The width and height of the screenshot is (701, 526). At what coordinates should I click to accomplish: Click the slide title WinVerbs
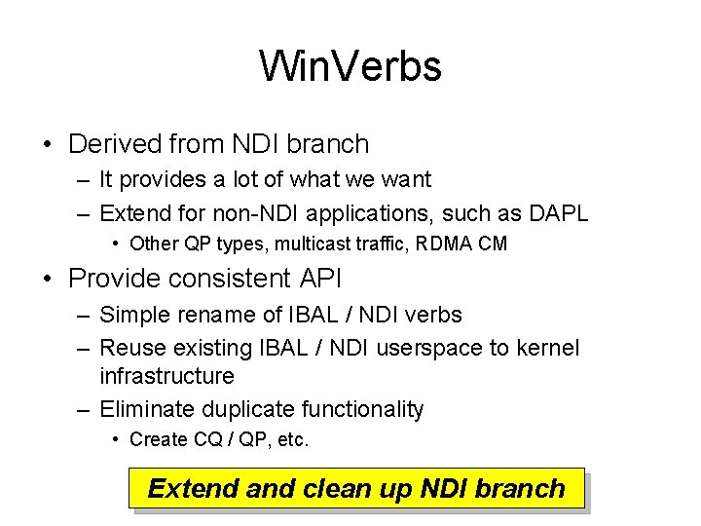(350, 66)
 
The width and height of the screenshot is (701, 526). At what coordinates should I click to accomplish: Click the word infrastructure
(167, 376)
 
